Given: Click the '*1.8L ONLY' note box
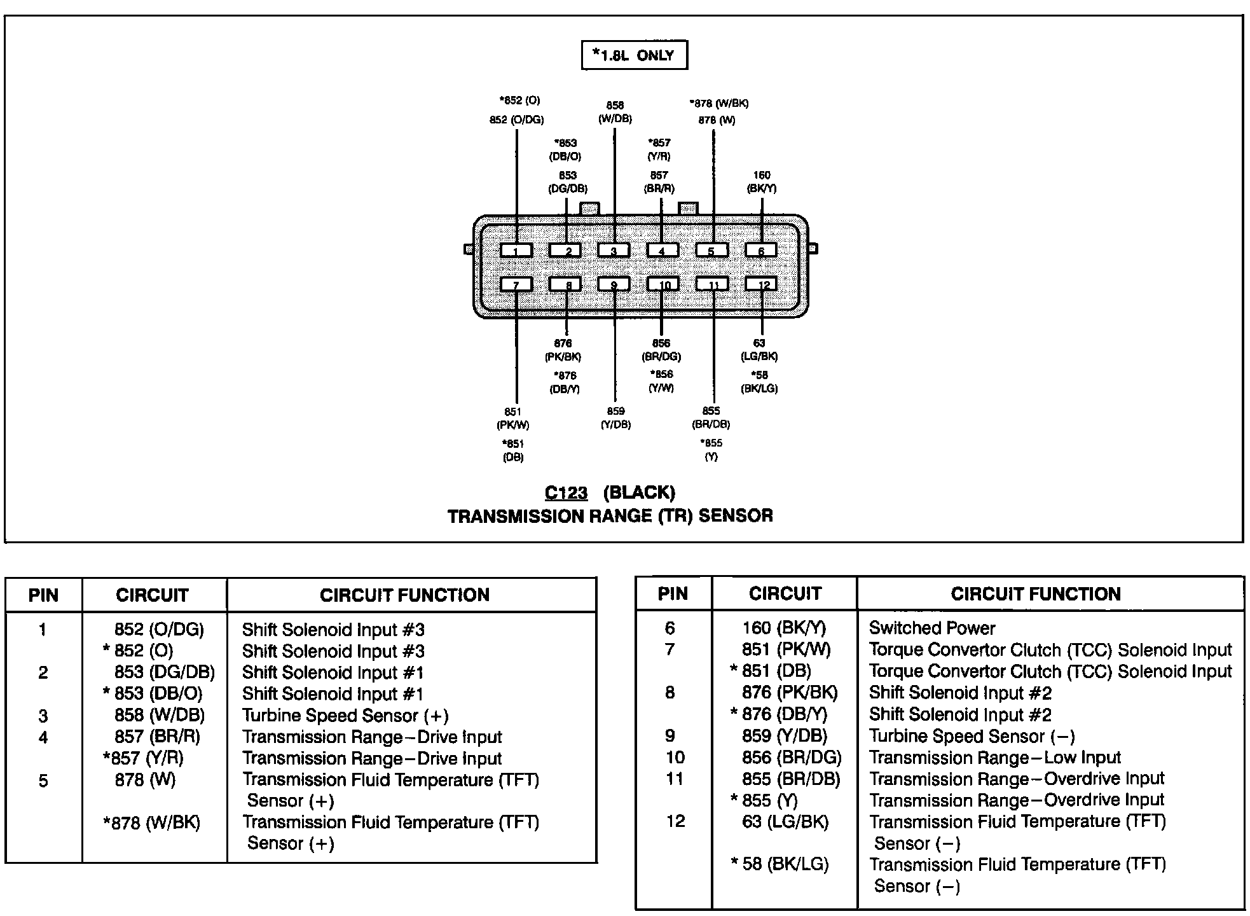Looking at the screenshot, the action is (635, 55).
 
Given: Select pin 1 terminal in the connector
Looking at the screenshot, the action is (516, 250).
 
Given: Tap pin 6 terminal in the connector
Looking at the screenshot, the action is (761, 250).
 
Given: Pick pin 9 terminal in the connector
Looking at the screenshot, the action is (614, 284).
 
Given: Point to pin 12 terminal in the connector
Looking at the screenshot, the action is (761, 284).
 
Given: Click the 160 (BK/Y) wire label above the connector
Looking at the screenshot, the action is (761, 182).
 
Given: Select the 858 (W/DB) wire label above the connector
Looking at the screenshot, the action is (615, 112).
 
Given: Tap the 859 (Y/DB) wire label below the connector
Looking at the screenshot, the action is (615, 418).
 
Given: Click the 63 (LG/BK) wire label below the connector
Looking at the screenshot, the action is (759, 350).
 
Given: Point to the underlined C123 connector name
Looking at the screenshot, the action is (566, 493).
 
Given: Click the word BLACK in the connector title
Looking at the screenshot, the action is (639, 493).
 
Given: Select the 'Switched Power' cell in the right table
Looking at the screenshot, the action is (931, 628).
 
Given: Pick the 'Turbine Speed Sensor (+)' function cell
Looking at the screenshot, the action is (345, 716).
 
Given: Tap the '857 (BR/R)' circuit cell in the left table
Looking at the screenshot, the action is (158, 737).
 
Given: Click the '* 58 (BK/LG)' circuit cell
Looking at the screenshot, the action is (780, 864).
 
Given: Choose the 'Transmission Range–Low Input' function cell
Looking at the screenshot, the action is (994, 758).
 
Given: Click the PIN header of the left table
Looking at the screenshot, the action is (43, 595).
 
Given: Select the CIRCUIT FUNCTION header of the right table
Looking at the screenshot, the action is (1036, 594).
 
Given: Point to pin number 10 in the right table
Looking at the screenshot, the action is (675, 758).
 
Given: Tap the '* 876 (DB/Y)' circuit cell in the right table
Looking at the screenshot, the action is (779, 714).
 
